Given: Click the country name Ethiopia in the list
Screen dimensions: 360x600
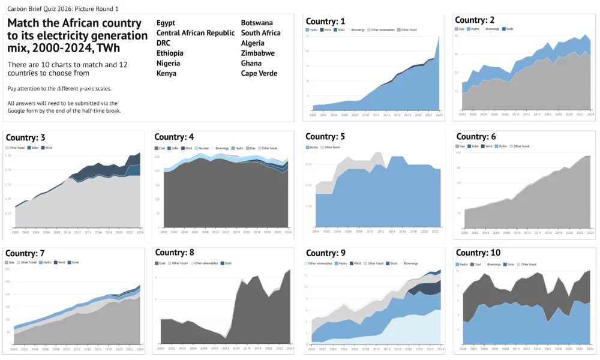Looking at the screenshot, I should pyautogui.click(x=170, y=53).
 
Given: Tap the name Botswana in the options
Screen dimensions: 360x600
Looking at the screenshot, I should pyautogui.click(x=257, y=23).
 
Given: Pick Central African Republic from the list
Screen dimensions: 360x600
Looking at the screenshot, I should pyautogui.click(x=196, y=33).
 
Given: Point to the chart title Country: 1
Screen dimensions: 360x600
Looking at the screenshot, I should pyautogui.click(x=326, y=21).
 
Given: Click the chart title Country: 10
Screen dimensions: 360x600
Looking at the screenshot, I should pyautogui.click(x=478, y=253).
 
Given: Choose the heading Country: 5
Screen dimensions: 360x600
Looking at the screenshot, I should pyautogui.click(x=325, y=137).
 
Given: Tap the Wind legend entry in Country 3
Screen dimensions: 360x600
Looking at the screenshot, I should pyautogui.click(x=48, y=148).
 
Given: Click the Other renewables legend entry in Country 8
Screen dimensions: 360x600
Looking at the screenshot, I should pyautogui.click(x=208, y=263).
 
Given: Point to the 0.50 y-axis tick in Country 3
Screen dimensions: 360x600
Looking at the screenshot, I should pyautogui.click(x=9, y=155).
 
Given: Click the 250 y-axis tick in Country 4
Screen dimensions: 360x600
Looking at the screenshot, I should pyautogui.click(x=158, y=157).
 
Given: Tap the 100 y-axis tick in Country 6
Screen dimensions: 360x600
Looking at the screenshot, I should pyautogui.click(x=458, y=152).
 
